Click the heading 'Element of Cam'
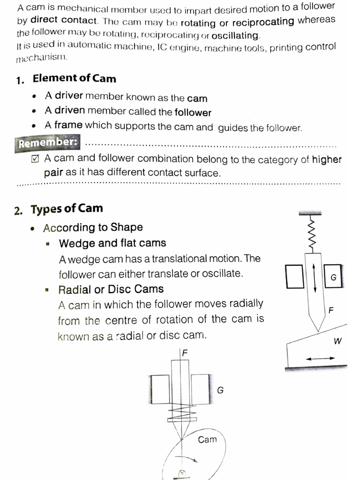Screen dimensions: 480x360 coord(74,78)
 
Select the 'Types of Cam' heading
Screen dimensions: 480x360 coord(67,209)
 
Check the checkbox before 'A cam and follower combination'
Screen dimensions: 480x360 coord(35,159)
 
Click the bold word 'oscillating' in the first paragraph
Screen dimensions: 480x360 coord(235,36)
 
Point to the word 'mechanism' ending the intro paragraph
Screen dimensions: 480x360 coord(42,59)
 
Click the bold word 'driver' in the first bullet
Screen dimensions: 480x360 coord(69,96)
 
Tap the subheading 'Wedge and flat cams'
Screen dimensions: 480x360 coord(112,243)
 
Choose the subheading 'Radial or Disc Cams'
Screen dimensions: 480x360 coord(111,289)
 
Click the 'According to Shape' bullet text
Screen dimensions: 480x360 coord(93,228)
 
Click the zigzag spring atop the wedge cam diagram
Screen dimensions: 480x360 coord(310,235)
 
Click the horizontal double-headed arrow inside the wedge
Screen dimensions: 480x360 coord(320,359)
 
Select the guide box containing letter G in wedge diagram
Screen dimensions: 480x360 coord(333,277)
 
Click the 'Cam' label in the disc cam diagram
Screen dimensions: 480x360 coord(207,439)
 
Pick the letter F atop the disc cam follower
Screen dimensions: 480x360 coord(184,353)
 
